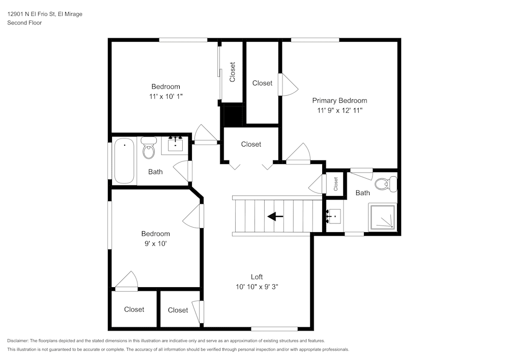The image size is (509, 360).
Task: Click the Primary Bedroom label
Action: (x=339, y=100)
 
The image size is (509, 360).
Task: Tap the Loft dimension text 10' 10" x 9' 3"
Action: (x=257, y=287)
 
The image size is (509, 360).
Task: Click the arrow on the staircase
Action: (x=275, y=216)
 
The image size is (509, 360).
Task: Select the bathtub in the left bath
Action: (x=124, y=160)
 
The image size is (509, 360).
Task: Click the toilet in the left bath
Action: (x=149, y=148)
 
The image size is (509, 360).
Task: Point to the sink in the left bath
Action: (x=176, y=145)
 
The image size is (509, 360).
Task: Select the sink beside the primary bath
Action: (x=334, y=217)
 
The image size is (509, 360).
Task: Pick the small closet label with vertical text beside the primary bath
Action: (x=336, y=184)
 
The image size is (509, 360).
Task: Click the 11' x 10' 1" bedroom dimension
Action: (x=165, y=96)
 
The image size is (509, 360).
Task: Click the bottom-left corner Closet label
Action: (x=134, y=309)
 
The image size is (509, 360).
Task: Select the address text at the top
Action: (x=45, y=14)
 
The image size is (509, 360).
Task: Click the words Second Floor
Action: (x=24, y=23)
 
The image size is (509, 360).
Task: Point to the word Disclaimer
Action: (x=18, y=341)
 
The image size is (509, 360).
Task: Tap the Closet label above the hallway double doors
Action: (x=251, y=144)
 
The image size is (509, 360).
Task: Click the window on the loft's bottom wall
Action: (x=274, y=328)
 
